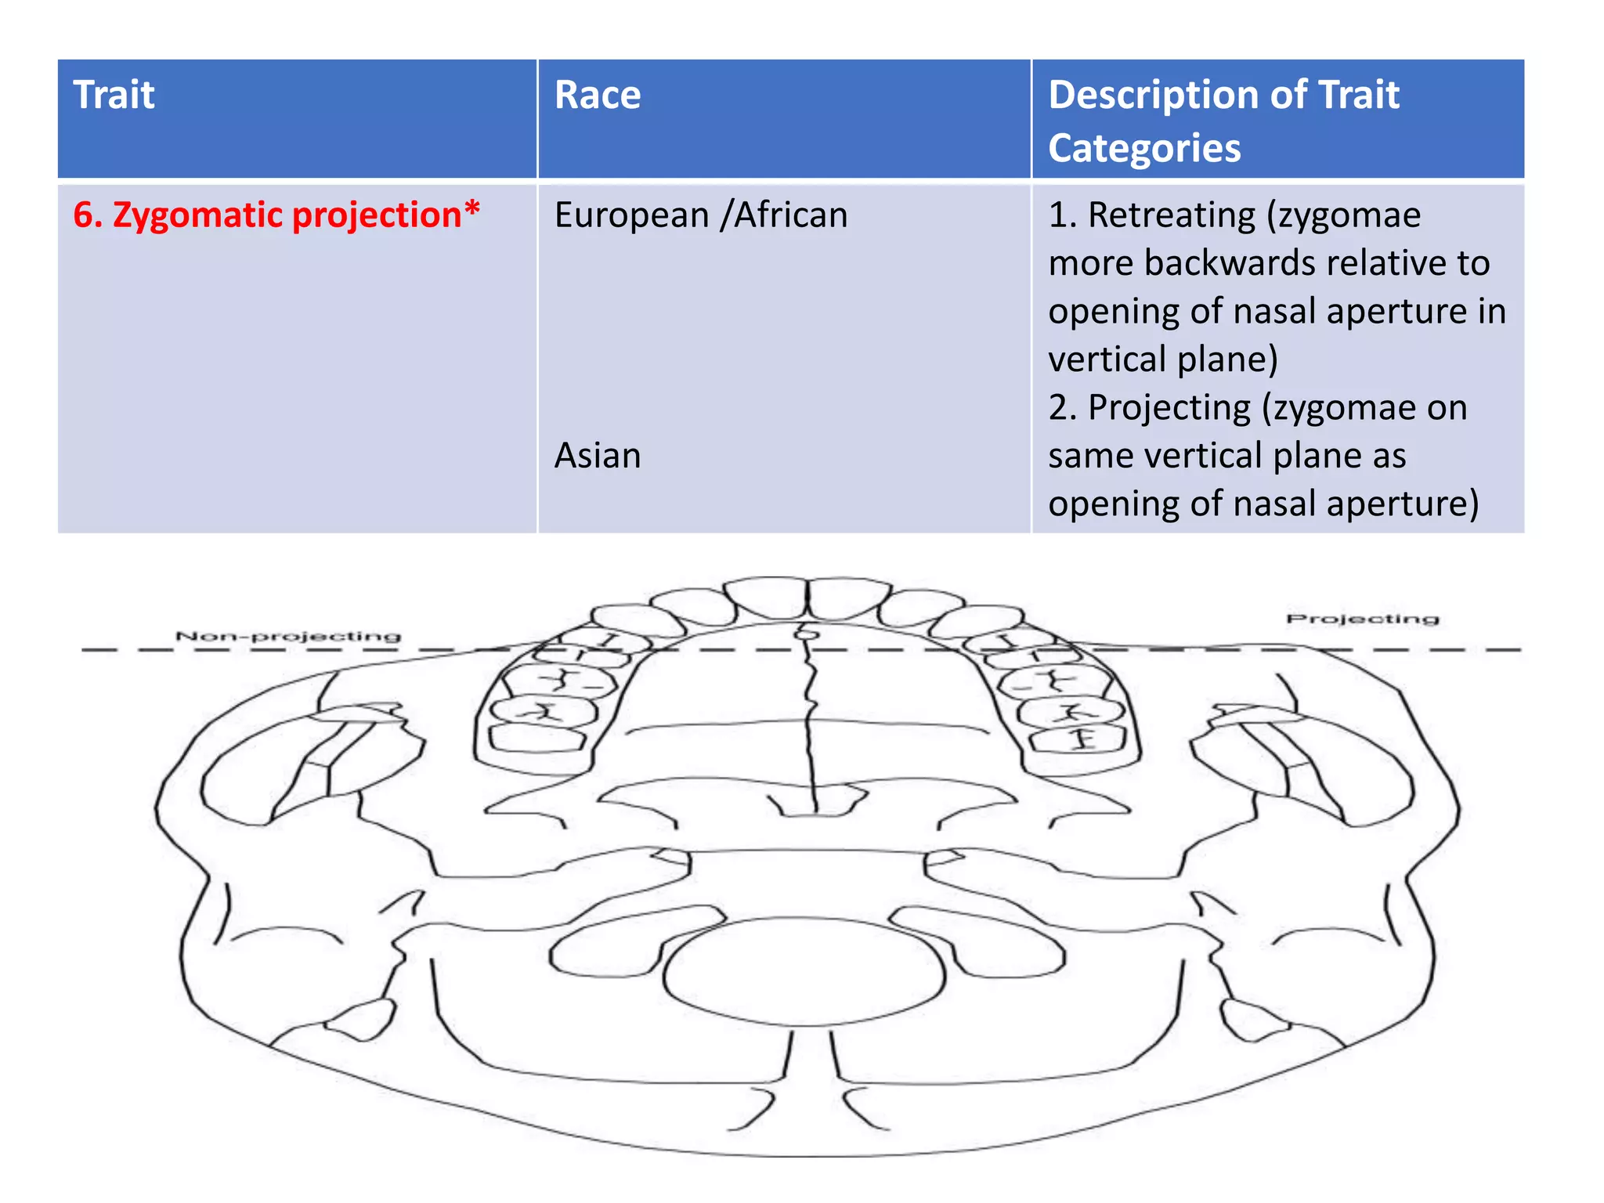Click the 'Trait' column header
(114, 96)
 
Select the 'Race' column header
(598, 96)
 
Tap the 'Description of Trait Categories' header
(1223, 121)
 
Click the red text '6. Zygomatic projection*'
(276, 215)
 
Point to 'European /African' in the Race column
(701, 215)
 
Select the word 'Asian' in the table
(598, 455)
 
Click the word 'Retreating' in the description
(1172, 215)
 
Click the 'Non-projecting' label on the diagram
(288, 636)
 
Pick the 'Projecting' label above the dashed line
(1362, 619)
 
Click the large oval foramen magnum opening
(805, 972)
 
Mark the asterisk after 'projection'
(471, 210)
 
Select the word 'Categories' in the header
(1144, 148)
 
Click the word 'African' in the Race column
(790, 215)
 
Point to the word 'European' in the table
(631, 215)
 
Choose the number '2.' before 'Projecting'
(1063, 407)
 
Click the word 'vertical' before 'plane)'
(1107, 359)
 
